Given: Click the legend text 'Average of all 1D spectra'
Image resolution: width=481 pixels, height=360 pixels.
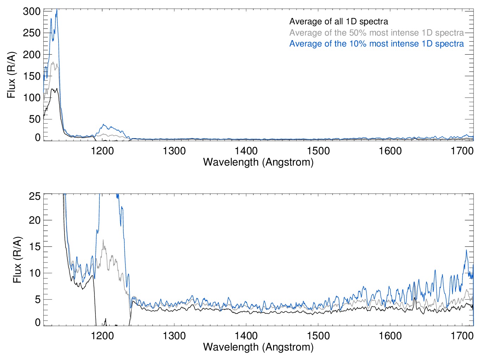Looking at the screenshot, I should click(x=338, y=21).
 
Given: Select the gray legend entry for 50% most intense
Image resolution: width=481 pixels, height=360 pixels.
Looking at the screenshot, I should click(x=376, y=33).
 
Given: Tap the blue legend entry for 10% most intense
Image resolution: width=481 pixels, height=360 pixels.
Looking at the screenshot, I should click(x=376, y=44).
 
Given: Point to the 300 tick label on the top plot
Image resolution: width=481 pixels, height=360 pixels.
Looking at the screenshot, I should click(x=32, y=11).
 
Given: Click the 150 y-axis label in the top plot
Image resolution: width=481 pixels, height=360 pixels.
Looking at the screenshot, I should click(x=32, y=76).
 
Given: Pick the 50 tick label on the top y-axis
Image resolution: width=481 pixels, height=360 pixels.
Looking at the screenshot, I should click(x=34, y=119).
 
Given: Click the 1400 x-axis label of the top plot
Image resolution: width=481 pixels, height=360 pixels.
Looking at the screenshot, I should click(x=246, y=151).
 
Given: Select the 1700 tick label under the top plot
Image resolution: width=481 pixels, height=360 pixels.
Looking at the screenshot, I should click(x=462, y=151).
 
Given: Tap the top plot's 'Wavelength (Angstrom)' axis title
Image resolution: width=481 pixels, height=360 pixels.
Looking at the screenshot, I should click(x=258, y=162).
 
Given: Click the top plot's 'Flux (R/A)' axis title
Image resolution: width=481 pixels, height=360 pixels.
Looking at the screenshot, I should click(x=11, y=75).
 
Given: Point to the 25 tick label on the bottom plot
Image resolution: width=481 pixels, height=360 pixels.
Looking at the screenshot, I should click(x=35, y=196).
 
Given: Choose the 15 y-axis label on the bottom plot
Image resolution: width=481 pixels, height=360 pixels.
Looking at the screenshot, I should click(x=35, y=247).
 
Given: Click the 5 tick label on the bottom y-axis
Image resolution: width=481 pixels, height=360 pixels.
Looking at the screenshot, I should click(x=37, y=300).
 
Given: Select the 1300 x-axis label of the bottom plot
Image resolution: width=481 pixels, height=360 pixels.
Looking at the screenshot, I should click(x=174, y=336).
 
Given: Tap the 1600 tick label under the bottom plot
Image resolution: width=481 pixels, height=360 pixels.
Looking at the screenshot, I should click(x=390, y=336).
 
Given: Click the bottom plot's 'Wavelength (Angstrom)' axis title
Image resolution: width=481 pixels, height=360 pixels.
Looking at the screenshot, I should click(x=258, y=347).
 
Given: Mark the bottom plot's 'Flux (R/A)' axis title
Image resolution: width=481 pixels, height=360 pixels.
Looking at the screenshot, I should click(x=17, y=260).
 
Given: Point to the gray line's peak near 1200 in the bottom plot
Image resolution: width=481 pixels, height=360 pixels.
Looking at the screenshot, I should click(x=103, y=240).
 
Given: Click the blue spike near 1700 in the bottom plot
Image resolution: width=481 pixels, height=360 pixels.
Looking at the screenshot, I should click(x=467, y=250).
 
